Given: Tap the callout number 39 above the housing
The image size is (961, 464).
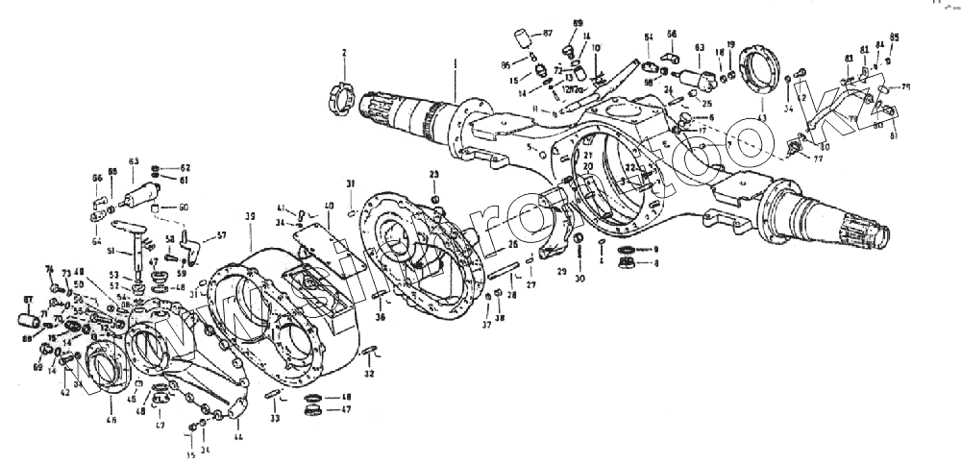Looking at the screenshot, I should (250, 216).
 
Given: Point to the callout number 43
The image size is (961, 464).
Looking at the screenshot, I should (761, 117).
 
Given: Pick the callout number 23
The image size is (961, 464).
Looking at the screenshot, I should (433, 174).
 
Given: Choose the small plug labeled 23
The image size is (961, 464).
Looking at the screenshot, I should (434, 200).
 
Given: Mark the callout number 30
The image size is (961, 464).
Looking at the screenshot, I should (579, 280).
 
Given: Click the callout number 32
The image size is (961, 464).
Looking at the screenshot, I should (370, 374).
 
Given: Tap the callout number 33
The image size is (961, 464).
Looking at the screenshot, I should (274, 419).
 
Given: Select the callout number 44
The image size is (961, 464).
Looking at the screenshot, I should (237, 438).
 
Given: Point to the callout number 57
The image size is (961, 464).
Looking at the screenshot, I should (221, 235).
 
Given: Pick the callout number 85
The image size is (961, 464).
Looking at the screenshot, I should (895, 37).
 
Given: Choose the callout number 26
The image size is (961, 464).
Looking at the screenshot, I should (513, 245).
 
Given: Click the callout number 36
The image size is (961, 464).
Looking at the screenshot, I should (380, 318).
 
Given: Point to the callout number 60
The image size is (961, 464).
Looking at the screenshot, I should (184, 208).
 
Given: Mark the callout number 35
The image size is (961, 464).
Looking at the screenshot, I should (189, 456).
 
